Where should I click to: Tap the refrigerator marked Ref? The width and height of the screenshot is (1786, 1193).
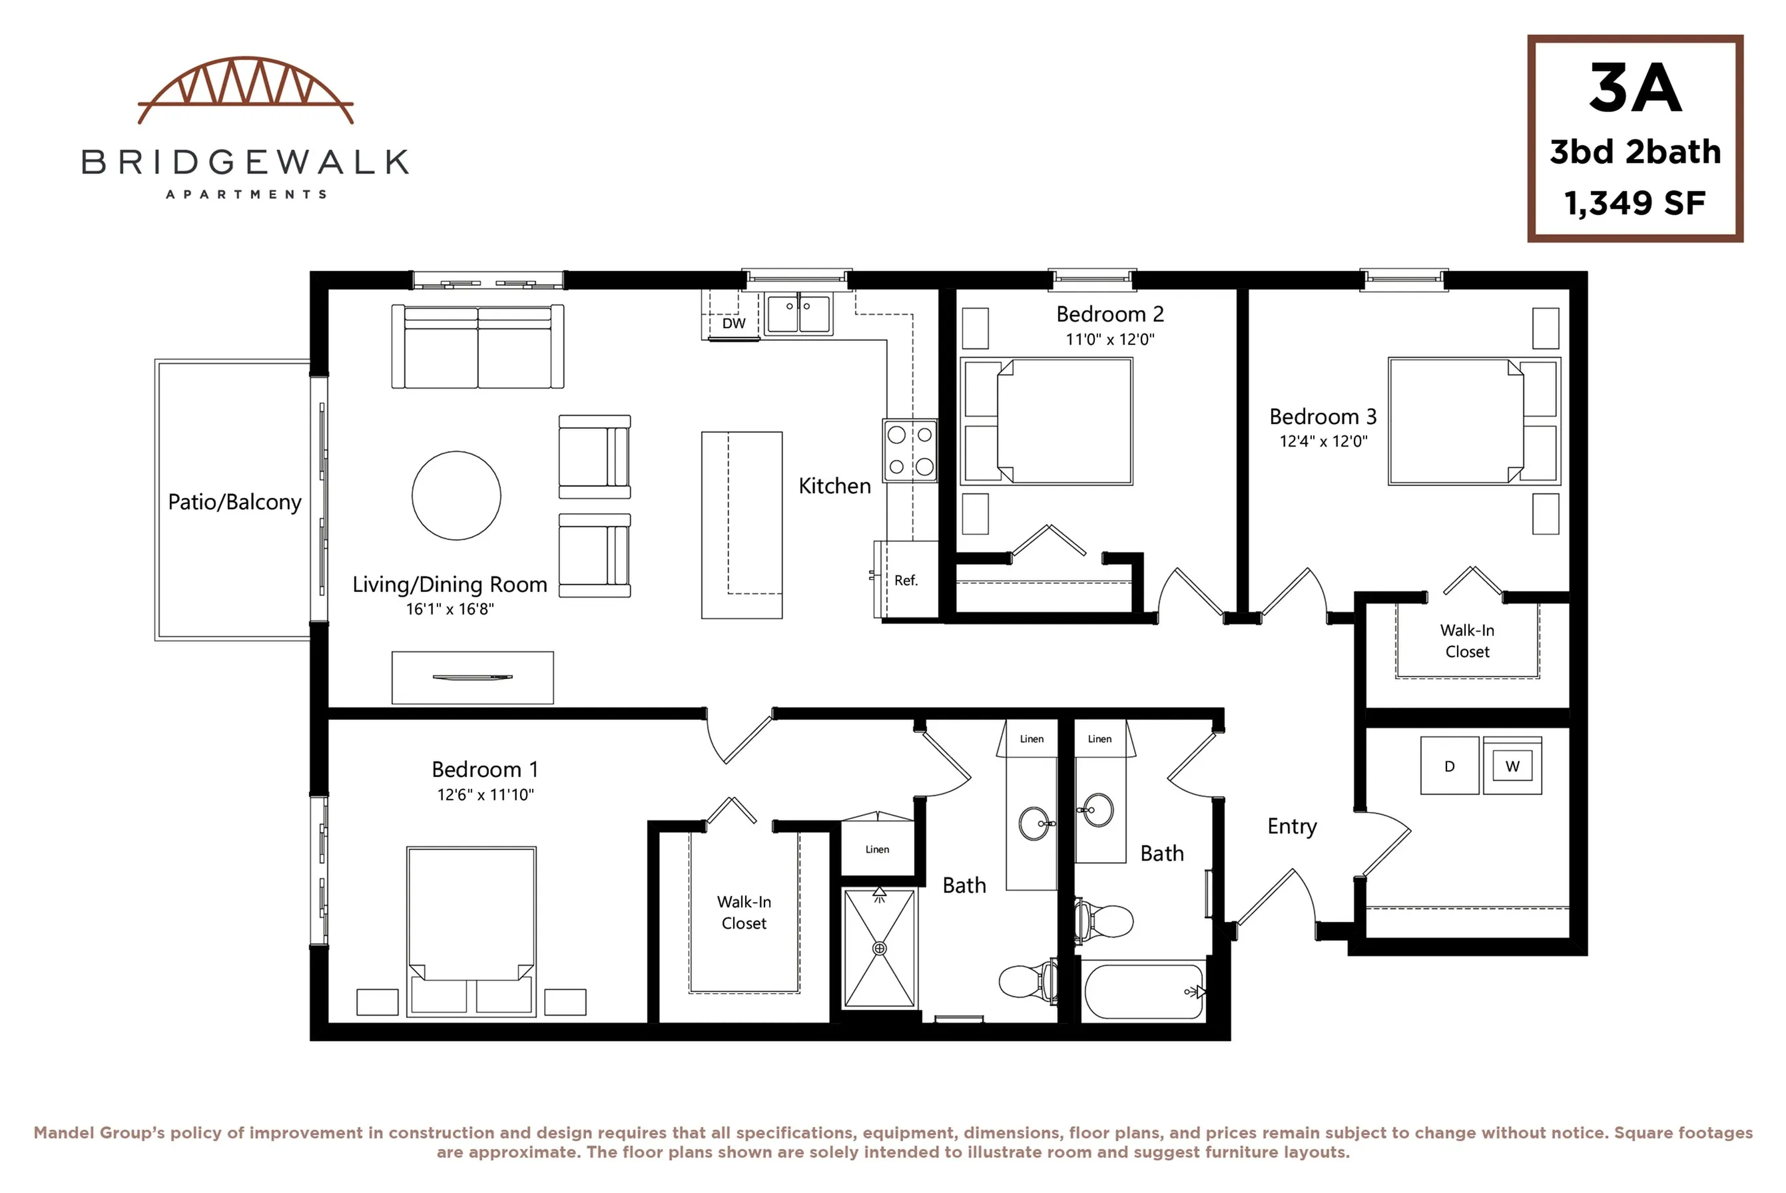point(906,579)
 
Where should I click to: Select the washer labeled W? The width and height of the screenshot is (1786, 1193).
point(1512,766)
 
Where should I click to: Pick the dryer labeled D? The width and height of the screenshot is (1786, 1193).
point(1450,766)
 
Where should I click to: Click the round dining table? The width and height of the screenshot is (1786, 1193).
point(457,495)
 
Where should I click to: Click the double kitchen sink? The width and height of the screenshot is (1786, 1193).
point(798,314)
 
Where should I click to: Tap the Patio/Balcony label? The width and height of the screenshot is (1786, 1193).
point(234,502)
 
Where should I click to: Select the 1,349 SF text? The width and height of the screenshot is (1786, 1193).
point(1635,202)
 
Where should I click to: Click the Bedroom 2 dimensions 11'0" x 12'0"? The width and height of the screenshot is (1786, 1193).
point(1109,340)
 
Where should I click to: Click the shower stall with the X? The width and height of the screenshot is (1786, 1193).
point(880,948)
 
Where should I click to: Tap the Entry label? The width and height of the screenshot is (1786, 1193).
point(1291,826)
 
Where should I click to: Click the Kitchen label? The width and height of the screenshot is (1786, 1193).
point(835,485)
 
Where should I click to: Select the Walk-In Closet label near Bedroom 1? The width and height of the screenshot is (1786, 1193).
point(744,912)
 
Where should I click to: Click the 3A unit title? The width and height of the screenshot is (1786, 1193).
point(1635,89)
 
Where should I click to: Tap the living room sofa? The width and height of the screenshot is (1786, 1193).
point(478,346)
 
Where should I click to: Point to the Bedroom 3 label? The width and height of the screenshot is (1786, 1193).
point(1323,416)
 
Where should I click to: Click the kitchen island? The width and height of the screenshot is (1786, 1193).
point(742,525)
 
